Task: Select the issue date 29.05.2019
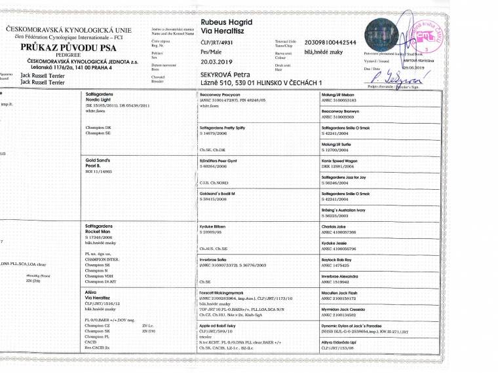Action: click(414, 67)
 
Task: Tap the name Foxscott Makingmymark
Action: click(222, 292)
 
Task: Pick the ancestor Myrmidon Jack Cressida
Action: click(344, 308)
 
